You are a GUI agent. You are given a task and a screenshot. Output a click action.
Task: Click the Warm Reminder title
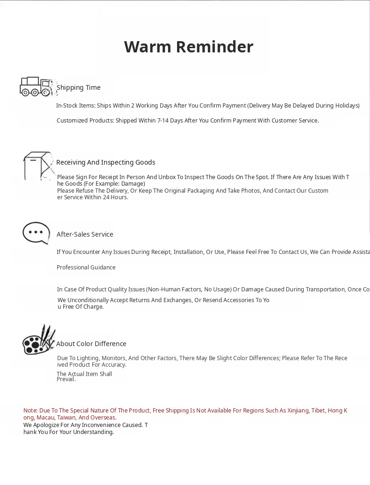[x=188, y=47]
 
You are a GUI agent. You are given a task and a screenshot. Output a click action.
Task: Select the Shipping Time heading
[x=78, y=87]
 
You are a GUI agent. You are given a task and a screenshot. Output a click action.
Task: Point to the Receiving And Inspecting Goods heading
[x=105, y=162]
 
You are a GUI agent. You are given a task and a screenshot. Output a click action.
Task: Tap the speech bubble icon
[x=36, y=232]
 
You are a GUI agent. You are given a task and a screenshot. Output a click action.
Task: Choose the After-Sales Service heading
[x=85, y=234]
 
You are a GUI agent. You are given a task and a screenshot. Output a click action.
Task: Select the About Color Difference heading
[x=91, y=344]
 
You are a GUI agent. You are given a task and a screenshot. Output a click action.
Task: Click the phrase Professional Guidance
[x=86, y=268]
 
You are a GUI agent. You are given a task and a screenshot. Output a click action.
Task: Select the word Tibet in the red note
[x=318, y=411]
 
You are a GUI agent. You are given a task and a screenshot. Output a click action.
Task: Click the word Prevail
[x=66, y=379]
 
